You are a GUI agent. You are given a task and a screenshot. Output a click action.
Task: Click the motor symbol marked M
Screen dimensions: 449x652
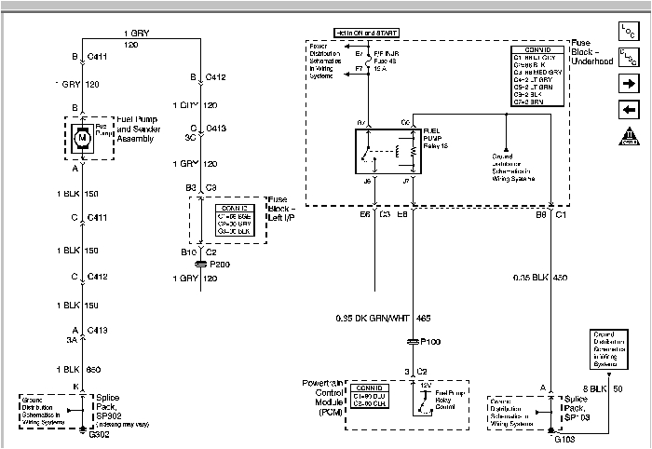point(82,138)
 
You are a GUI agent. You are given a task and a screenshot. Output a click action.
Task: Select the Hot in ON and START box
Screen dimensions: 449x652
point(368,32)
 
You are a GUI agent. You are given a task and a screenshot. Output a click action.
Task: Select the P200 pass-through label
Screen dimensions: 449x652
point(220,264)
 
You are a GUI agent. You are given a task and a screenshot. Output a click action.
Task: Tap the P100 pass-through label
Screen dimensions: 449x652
point(431,342)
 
